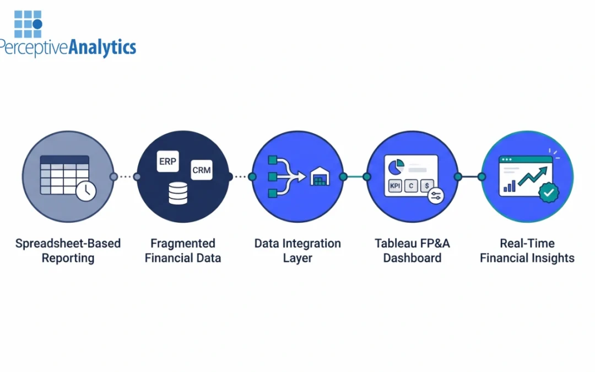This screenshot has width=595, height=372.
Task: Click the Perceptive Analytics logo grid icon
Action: (x=28, y=24)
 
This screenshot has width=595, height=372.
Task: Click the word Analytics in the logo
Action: (x=102, y=48)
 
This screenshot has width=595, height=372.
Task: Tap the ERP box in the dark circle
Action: (x=167, y=161)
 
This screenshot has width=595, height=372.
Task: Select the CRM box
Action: (x=201, y=170)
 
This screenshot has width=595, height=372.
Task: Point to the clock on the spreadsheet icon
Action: (x=86, y=191)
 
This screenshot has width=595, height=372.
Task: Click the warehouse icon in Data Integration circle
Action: (x=320, y=177)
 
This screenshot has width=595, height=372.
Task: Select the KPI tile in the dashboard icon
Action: (x=395, y=186)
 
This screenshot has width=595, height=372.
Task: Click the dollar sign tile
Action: (x=426, y=186)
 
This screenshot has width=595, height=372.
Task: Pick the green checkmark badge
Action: (x=548, y=192)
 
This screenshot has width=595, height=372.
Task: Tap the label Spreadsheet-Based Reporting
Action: (x=68, y=251)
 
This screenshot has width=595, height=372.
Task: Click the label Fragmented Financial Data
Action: (x=183, y=251)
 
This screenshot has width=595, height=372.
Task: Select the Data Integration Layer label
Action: (x=297, y=251)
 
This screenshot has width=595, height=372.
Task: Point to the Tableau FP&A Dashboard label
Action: (x=412, y=251)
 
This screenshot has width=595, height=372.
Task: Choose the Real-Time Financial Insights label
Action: (x=527, y=251)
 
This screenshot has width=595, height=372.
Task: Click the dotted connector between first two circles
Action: (x=125, y=177)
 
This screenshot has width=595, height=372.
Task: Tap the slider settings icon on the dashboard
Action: (x=435, y=196)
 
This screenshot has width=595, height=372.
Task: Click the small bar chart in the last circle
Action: (x=509, y=186)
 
